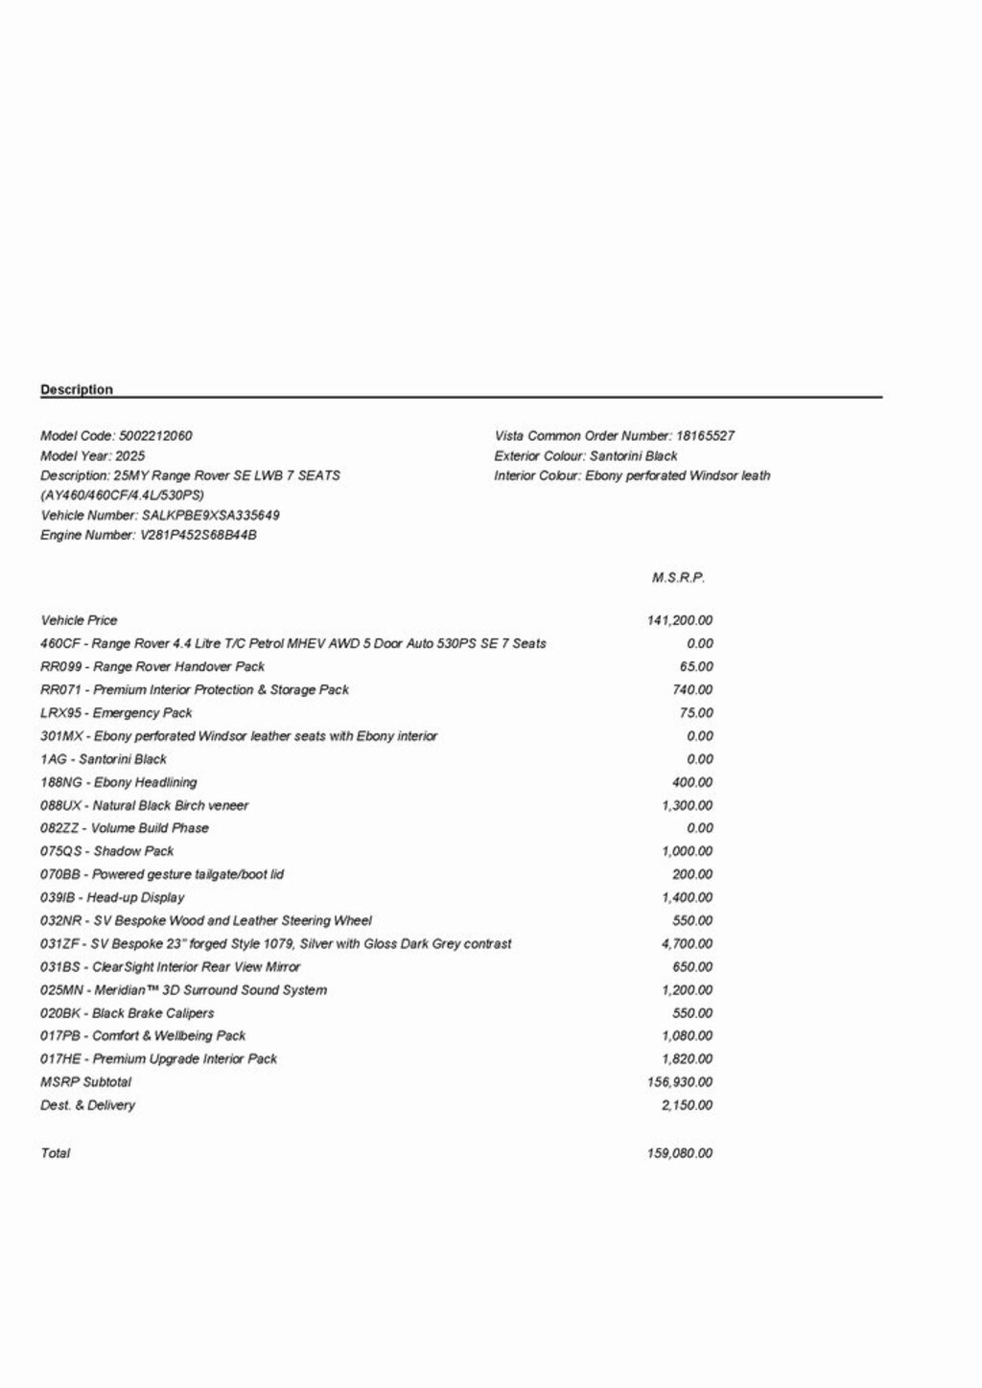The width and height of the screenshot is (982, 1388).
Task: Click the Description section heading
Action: click(x=77, y=389)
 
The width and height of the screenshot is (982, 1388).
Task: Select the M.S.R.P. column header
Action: click(x=678, y=577)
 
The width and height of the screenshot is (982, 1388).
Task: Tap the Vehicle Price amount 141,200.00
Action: click(x=680, y=620)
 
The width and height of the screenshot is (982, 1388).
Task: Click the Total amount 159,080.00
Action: click(x=680, y=1153)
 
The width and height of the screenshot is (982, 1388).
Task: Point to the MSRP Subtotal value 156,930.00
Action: click(x=680, y=1082)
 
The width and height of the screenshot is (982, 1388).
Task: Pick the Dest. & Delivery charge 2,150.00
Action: click(x=687, y=1105)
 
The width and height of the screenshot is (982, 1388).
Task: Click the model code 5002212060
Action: click(x=155, y=435)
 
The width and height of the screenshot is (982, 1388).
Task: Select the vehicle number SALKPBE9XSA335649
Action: click(x=211, y=515)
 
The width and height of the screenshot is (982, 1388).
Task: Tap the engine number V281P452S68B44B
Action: click(x=199, y=535)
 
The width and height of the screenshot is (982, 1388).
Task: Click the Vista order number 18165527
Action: click(x=705, y=435)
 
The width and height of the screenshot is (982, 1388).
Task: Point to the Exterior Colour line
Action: click(x=586, y=455)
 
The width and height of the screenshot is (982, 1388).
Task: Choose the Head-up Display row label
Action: click(x=112, y=897)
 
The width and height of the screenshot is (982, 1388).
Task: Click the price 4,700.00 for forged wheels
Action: click(x=687, y=943)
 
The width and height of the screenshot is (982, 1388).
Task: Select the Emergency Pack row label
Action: click(x=116, y=712)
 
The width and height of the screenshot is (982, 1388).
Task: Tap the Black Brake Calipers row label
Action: click(x=127, y=1012)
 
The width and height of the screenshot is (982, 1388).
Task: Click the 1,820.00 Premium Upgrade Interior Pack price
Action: click(x=687, y=1058)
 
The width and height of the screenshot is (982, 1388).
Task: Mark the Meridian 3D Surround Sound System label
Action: click(x=183, y=989)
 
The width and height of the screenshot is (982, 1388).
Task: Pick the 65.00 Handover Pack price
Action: click(x=696, y=666)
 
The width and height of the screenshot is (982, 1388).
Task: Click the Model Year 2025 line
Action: click(x=93, y=455)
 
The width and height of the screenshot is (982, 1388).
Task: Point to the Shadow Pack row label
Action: click(x=107, y=851)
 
